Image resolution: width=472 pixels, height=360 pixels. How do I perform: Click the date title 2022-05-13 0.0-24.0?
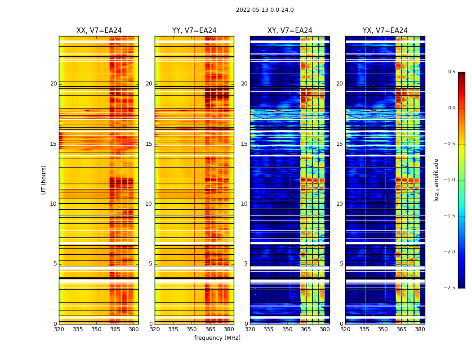(x=265, y=10)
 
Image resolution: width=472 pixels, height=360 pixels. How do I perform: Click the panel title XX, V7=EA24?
(x=99, y=31)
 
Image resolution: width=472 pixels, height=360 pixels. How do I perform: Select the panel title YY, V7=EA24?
(x=194, y=31)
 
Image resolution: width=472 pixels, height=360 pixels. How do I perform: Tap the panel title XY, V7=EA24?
(x=290, y=31)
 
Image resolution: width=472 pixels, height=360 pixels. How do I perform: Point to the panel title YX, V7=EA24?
(x=385, y=31)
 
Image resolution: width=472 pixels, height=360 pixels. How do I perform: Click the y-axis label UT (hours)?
(x=44, y=180)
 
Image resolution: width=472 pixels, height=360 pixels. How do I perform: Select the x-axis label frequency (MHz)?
(x=217, y=338)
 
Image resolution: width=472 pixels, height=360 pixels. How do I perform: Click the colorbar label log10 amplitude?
(x=436, y=180)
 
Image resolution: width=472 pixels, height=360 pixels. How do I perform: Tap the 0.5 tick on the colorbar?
(x=451, y=72)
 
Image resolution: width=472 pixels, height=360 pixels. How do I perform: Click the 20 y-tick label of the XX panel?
(x=53, y=84)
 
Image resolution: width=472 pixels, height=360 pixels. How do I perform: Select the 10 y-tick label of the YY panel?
(x=149, y=204)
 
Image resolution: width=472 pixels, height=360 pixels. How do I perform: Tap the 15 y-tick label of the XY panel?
(x=244, y=144)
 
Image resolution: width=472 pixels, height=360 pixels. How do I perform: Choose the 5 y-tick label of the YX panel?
(x=341, y=264)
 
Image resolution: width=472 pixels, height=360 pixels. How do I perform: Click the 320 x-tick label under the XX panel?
(x=59, y=329)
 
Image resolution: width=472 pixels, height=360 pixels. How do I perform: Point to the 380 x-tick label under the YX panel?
(x=420, y=329)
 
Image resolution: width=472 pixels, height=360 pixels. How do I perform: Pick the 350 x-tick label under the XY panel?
(x=287, y=329)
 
